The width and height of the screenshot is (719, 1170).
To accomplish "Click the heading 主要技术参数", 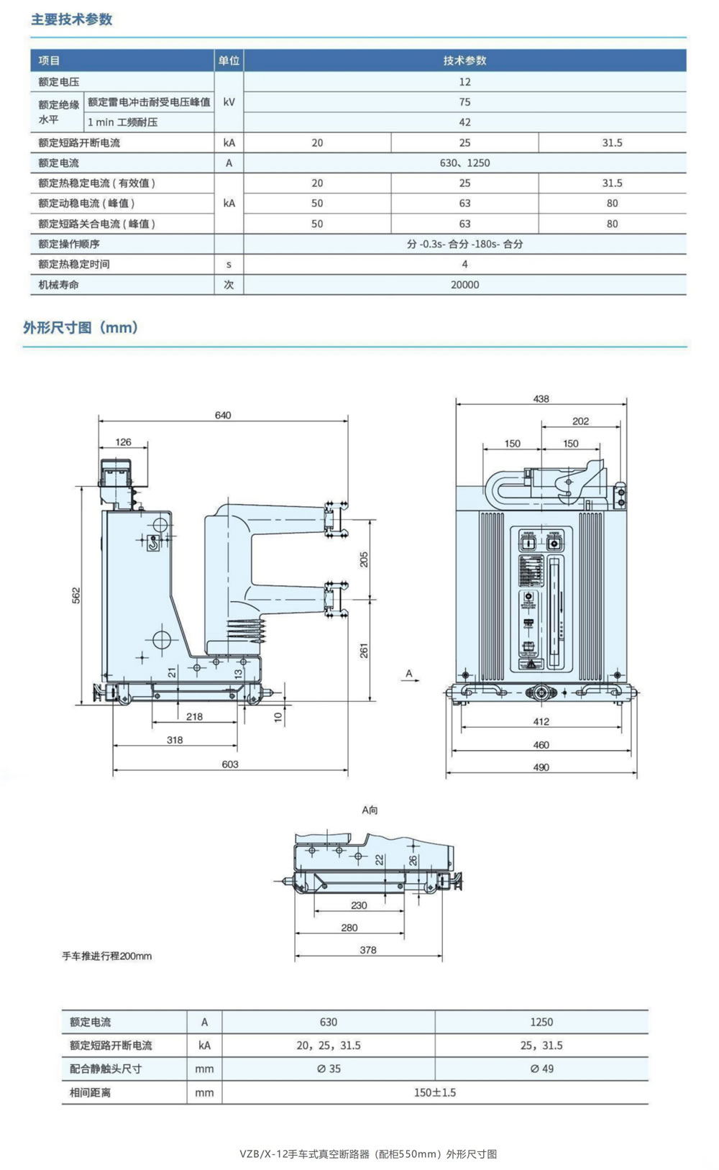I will pos(71,19).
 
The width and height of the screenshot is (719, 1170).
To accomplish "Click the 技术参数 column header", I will pos(464,60).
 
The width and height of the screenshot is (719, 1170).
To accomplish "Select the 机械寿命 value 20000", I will pos(464,285).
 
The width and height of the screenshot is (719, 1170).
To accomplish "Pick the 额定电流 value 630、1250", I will pos(464,163).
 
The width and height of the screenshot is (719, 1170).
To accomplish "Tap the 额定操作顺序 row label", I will pos(69,244).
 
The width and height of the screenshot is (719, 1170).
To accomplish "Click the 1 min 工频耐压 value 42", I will pos(464,122).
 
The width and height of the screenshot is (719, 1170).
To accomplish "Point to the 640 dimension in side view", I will pos(223,415).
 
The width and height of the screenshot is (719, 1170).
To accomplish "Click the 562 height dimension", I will pos(76,595).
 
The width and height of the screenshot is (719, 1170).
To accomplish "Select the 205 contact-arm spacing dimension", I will pos(364,559).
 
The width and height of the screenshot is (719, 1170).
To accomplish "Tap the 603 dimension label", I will pos(230,764).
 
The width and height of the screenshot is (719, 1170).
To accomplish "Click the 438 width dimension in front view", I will pos(541,398).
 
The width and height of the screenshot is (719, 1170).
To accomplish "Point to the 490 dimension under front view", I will pos(541,767).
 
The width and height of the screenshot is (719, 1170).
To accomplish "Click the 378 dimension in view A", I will pos(368,950).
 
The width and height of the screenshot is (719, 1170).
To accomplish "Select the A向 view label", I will pos(370,810).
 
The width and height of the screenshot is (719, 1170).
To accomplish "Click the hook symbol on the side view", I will pos(153,544).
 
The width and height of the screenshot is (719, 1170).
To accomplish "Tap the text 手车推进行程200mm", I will pos(107,956).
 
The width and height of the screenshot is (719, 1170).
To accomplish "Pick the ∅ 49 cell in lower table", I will pos(541,1069).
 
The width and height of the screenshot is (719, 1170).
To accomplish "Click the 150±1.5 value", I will pos(434,1092).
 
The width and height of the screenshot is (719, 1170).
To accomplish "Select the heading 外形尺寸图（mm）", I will pos(81,328).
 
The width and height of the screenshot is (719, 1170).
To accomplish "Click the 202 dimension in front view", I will pos(580,421).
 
